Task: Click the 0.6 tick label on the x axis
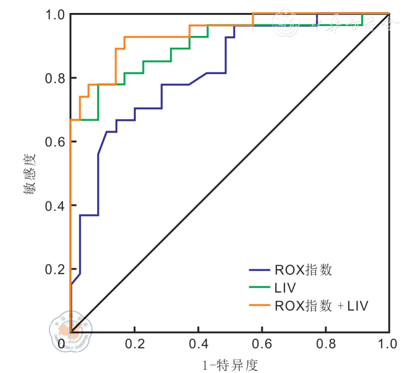[x=262, y=344]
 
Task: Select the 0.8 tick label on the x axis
[x=326, y=344]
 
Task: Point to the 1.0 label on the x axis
[x=388, y=344]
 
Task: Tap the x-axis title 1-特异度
[x=230, y=364]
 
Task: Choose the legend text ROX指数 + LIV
[x=321, y=306]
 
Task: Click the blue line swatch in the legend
[x=259, y=270]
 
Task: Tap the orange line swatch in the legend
[x=259, y=306]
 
